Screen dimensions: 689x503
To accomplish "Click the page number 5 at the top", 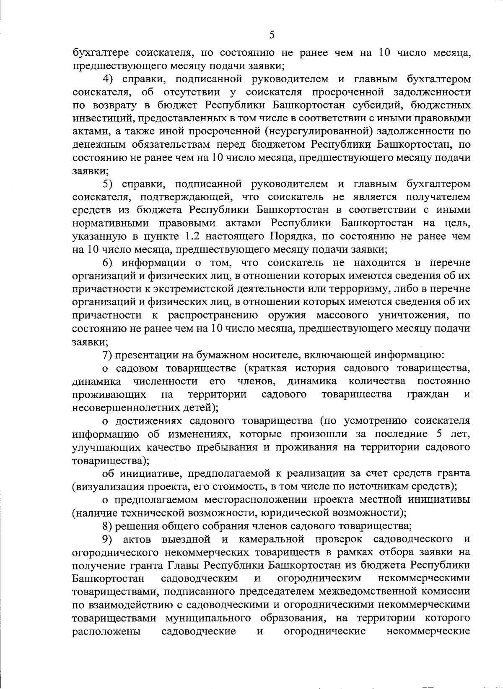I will tap(272, 35).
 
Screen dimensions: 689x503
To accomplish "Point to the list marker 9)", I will tap(109, 538).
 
